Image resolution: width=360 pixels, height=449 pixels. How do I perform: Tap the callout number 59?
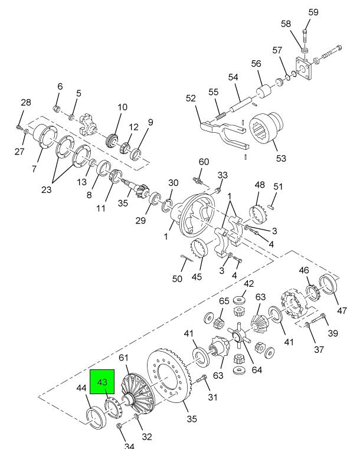point(313,12)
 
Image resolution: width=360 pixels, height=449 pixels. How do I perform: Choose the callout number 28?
point(25,103)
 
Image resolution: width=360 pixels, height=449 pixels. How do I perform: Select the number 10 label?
point(122,107)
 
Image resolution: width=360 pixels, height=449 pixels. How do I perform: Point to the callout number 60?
point(204,162)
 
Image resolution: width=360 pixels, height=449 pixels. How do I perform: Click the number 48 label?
point(259,185)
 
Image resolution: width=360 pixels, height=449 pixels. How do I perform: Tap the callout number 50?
point(177,278)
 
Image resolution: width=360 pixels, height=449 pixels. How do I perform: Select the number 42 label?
point(249,283)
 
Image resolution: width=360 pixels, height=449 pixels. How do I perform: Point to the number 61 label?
point(123,357)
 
